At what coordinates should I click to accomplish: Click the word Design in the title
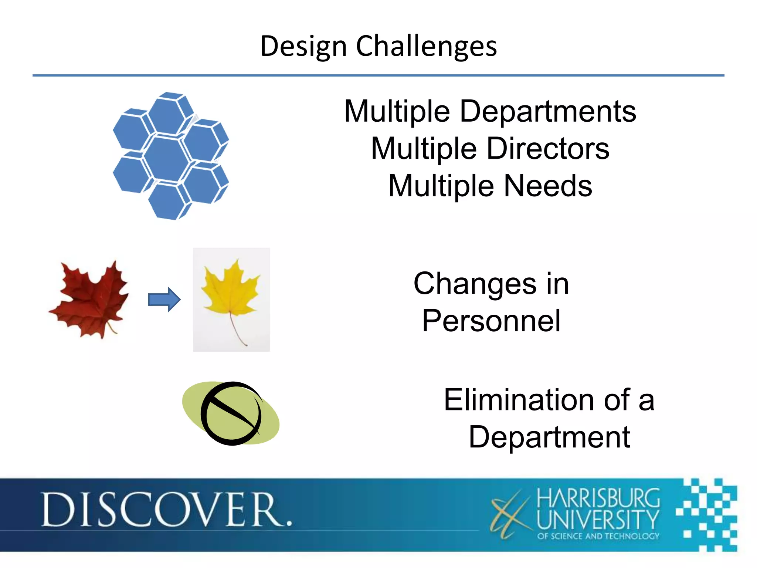tap(303, 47)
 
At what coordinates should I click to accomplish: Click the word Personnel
tap(491, 321)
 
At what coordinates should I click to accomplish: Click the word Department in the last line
tap(549, 437)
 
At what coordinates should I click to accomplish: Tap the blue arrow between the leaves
tap(164, 299)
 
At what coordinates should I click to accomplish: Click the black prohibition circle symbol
tap(231, 413)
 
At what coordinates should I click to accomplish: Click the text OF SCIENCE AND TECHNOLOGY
tap(598, 536)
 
